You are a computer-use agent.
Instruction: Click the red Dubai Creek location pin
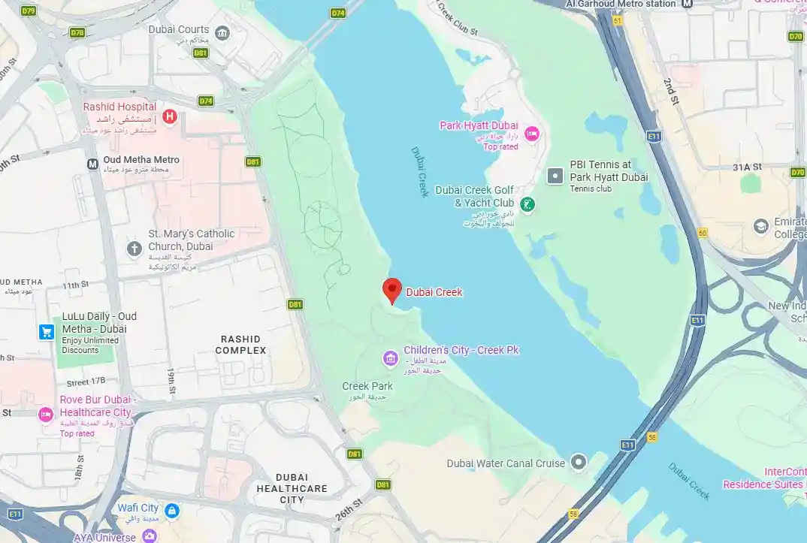click(391, 290)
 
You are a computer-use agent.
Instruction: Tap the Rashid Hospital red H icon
click(171, 116)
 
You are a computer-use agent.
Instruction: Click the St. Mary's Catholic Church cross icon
click(134, 249)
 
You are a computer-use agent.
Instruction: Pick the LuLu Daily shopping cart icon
click(47, 331)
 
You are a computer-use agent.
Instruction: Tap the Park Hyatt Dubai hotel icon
click(532, 134)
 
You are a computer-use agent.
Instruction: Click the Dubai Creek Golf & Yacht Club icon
click(528, 204)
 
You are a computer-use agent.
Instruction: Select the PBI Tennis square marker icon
click(555, 176)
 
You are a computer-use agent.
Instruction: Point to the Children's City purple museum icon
click(390, 358)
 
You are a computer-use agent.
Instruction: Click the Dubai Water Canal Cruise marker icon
click(579, 463)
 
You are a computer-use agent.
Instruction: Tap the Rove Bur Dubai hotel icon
click(46, 414)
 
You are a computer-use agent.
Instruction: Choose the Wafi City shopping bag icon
click(172, 511)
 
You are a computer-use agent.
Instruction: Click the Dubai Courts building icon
click(222, 33)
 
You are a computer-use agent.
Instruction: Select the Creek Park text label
click(367, 386)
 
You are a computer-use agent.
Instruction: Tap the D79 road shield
click(29, 11)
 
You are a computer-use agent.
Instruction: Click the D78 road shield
click(77, 33)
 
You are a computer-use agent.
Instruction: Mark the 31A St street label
click(747, 167)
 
